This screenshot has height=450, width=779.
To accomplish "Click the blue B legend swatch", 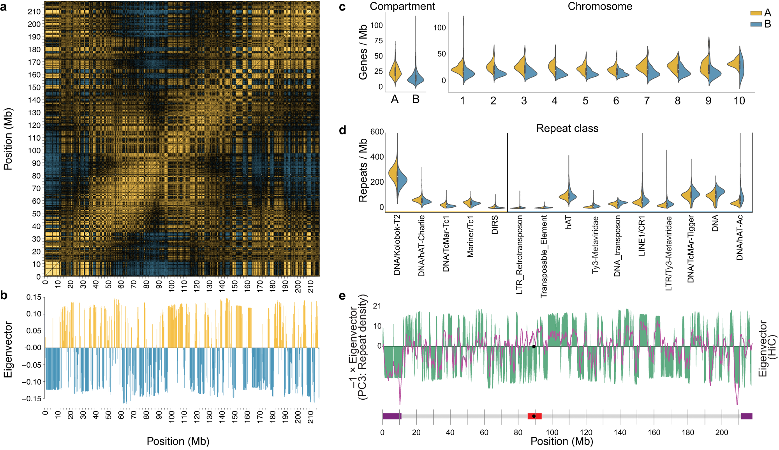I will point(756,24).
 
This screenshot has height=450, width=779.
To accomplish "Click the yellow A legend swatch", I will point(756,13).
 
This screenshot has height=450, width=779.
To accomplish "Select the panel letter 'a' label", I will point(4,7).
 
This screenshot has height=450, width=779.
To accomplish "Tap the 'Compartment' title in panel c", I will point(402,6).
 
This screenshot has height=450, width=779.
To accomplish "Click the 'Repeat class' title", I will point(567,128).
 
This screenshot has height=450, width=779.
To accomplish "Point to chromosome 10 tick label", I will point(739,101).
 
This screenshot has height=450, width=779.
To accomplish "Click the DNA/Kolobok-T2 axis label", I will point(397,245).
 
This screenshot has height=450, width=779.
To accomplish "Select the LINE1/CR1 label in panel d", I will point(642,236).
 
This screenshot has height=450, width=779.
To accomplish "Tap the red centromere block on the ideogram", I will point(534,416).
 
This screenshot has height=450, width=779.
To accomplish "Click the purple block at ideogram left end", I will point(391,416).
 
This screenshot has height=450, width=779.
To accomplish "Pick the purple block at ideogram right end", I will point(746,416).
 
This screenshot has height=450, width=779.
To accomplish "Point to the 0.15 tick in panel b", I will point(34,297).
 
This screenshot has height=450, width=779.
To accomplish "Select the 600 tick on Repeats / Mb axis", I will point(377,132).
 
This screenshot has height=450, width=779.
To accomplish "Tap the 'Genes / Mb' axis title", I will point(363,52).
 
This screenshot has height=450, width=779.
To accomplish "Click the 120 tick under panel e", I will point(586,432).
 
